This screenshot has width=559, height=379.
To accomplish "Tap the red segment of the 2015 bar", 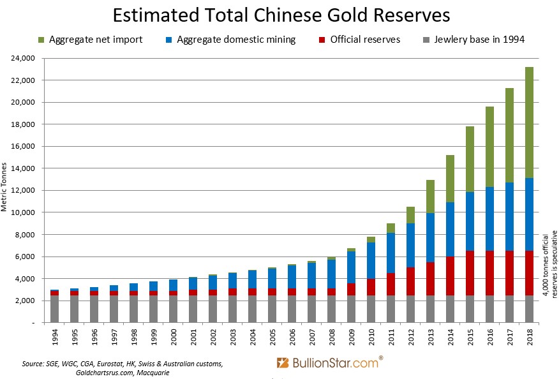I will pos(470,273).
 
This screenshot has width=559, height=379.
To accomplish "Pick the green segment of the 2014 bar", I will pos(450,179).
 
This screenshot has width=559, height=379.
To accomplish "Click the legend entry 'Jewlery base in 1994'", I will pos(479,40).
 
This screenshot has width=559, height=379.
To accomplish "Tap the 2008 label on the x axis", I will pos(332,338).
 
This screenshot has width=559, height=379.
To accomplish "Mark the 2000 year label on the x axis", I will pos(173,338).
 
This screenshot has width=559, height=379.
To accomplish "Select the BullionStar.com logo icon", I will pos(283,363).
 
